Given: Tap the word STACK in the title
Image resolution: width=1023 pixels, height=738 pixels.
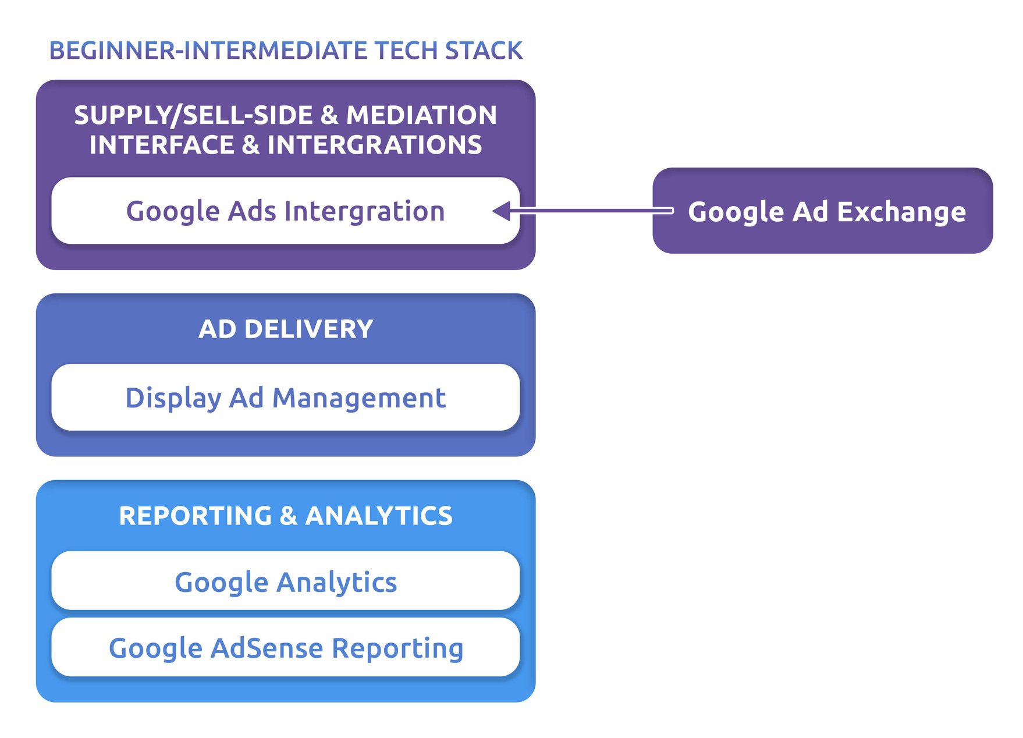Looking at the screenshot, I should [x=484, y=51].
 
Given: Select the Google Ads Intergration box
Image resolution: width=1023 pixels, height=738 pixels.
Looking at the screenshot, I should [x=285, y=211].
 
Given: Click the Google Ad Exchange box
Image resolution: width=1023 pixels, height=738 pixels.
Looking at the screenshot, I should [x=822, y=211].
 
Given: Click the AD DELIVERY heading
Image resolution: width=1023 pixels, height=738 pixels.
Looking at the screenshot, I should [x=285, y=329].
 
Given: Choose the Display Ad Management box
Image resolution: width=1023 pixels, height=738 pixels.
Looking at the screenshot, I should [x=285, y=398].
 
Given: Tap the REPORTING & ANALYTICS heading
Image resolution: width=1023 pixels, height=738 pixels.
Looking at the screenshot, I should [x=285, y=516].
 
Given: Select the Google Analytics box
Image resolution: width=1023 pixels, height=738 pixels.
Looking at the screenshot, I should [x=285, y=582].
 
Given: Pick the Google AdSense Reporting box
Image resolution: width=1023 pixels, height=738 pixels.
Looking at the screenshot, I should [x=285, y=648].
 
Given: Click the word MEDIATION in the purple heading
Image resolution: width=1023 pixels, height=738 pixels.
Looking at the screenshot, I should [x=421, y=115].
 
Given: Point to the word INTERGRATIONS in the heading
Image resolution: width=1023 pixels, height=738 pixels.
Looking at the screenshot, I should [x=374, y=145].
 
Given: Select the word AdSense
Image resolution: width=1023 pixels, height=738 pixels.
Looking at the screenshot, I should [x=267, y=648].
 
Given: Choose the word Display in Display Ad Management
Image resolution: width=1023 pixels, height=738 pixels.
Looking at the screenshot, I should [x=173, y=399].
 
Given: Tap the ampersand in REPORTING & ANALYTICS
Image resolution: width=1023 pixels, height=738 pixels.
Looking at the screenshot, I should [x=289, y=516].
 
